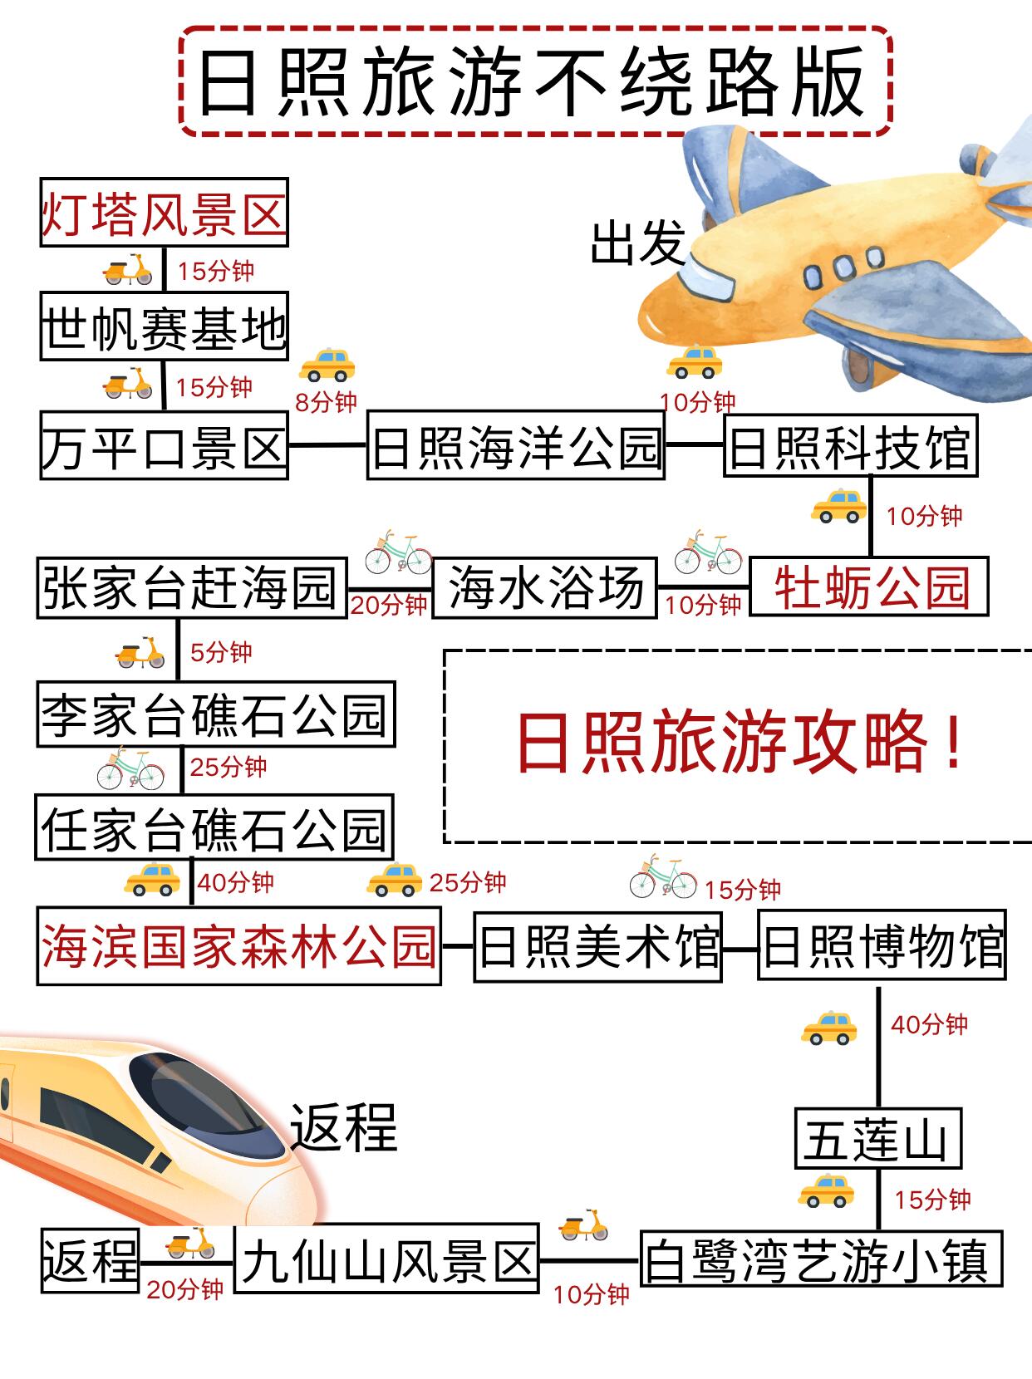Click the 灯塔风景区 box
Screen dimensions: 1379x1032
point(164,213)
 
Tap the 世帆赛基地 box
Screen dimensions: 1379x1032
point(164,326)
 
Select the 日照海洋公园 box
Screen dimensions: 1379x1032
point(515,445)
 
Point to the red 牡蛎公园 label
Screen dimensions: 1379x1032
point(870,586)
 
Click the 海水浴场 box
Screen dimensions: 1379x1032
point(544,587)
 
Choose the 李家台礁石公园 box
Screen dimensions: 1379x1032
point(215,714)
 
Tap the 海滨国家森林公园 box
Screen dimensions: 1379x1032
point(238,946)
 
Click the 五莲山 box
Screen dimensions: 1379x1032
point(877,1138)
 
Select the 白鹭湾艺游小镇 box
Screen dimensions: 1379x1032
point(821,1259)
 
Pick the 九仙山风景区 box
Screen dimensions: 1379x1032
point(386,1259)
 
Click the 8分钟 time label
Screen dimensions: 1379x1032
point(326,402)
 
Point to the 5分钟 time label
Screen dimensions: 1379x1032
point(221,652)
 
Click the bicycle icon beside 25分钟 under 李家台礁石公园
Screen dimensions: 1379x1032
point(130,768)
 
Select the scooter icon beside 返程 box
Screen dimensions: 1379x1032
point(189,1242)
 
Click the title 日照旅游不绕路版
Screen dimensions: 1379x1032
point(534,81)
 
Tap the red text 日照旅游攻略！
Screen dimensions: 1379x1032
point(739,743)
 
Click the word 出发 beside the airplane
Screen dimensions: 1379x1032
point(637,243)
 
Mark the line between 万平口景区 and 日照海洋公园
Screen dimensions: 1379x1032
point(327,444)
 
